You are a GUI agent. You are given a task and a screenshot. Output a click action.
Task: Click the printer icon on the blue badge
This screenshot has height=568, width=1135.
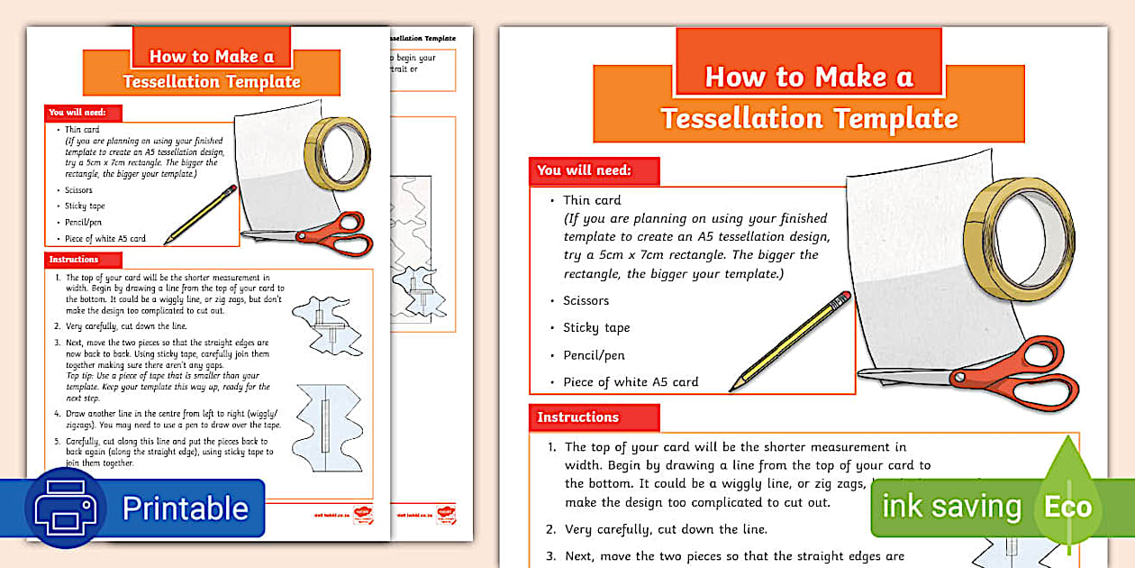click(x=65, y=508)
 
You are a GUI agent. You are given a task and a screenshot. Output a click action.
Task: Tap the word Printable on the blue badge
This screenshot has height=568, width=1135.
click(x=185, y=508)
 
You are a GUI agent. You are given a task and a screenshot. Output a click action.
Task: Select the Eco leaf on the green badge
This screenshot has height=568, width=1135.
click(x=1067, y=506)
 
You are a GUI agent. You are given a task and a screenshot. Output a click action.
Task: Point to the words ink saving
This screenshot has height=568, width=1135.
click(x=951, y=507)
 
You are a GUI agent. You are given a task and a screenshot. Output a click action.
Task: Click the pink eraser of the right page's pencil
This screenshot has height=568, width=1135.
click(x=843, y=297)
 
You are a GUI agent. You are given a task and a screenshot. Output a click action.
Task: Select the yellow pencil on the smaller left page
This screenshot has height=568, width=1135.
click(x=200, y=215)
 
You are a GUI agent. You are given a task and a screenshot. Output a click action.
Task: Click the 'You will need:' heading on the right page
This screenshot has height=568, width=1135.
click(x=585, y=170)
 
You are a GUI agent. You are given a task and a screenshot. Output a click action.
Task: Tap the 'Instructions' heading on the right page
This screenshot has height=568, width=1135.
click(x=578, y=417)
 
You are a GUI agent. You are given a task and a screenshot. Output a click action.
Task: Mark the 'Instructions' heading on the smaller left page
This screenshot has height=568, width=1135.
click(x=74, y=260)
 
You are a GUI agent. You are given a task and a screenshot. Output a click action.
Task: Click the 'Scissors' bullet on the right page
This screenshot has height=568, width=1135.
click(x=586, y=300)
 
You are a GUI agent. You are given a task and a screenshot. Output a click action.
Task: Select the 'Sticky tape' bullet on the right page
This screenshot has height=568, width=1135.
click(x=596, y=327)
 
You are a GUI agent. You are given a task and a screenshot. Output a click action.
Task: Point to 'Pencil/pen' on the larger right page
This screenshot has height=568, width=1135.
click(x=594, y=354)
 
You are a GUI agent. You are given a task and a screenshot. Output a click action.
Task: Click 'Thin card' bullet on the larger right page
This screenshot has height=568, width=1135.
click(x=592, y=200)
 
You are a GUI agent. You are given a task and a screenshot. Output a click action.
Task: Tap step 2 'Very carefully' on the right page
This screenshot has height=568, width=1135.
click(x=666, y=529)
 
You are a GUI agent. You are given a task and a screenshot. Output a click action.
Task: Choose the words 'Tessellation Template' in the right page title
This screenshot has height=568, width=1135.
click(x=809, y=118)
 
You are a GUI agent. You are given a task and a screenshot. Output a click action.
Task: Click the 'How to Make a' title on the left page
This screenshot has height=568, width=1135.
click(x=211, y=57)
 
